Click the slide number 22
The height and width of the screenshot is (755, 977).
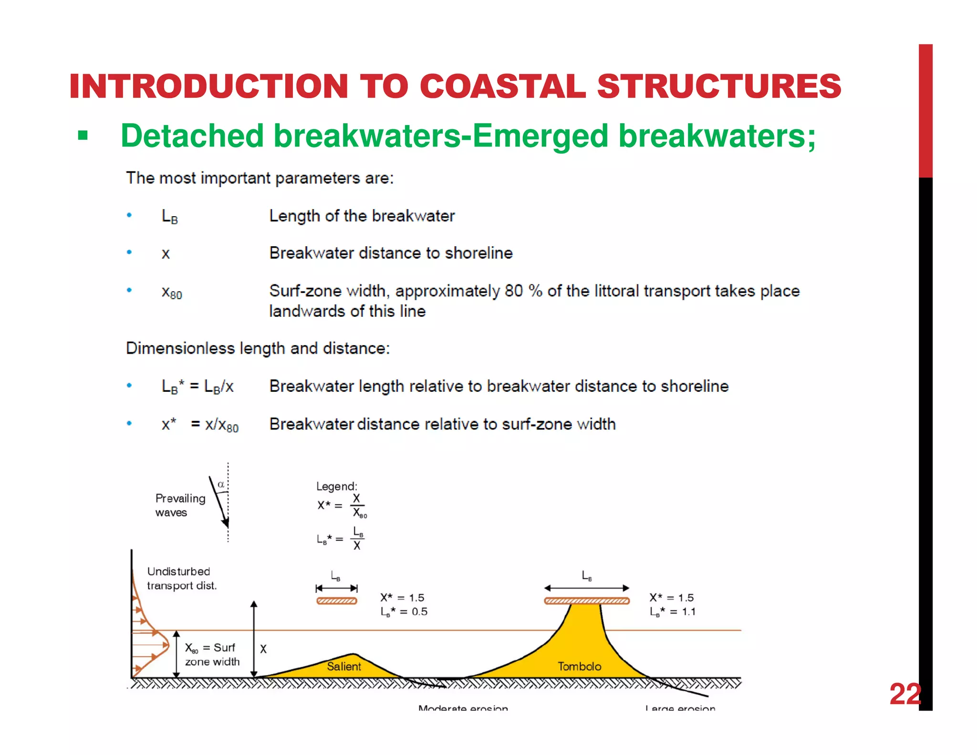tap(905, 694)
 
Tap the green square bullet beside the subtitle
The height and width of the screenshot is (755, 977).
tap(83, 136)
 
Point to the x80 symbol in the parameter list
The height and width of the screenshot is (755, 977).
tap(172, 292)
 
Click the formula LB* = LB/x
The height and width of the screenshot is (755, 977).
tap(197, 386)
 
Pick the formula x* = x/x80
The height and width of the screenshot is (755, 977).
tap(200, 424)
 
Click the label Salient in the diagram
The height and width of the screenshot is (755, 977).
tap(343, 666)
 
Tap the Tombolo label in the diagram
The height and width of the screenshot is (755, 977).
tap(579, 666)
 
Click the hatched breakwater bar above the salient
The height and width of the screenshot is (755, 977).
tap(337, 601)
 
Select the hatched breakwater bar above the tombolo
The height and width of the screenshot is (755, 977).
tap(587, 601)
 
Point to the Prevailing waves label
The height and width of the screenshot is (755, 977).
tap(180, 505)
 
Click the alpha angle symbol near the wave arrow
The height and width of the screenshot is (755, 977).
tap(221, 484)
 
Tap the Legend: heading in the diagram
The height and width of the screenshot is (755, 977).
tap(336, 486)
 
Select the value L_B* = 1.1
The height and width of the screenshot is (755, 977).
tap(673, 612)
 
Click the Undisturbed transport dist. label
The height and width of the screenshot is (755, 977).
tap(181, 578)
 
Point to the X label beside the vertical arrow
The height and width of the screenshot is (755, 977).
tap(263, 649)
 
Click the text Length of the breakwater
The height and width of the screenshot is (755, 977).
tap(362, 216)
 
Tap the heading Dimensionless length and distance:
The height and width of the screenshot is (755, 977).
tap(258, 348)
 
